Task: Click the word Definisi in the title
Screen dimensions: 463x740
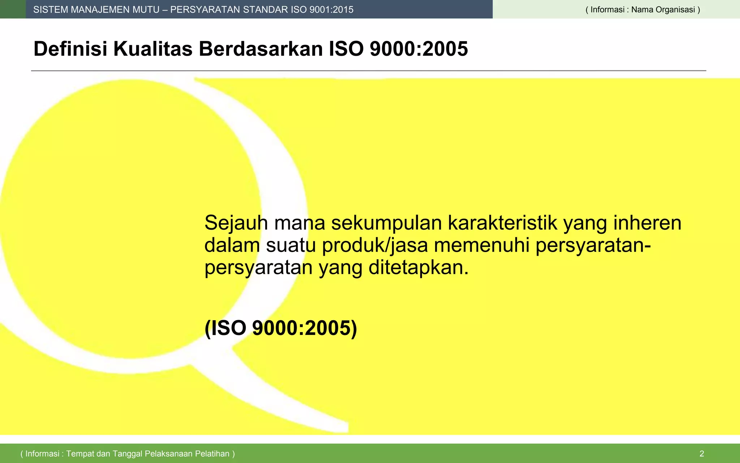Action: coord(70,49)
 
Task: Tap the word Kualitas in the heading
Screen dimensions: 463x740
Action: coord(153,49)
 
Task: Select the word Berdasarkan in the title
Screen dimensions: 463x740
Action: coord(261,49)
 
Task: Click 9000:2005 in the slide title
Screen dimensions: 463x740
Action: coord(419,49)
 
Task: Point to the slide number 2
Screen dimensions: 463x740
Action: coord(702,454)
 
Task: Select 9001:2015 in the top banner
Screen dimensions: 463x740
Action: coord(331,10)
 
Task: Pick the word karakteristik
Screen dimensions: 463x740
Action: coord(503,223)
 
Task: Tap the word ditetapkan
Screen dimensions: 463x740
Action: coord(418,268)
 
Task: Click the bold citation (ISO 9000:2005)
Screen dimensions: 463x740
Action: coord(281,328)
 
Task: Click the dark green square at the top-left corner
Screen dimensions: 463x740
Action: coord(13,9)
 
